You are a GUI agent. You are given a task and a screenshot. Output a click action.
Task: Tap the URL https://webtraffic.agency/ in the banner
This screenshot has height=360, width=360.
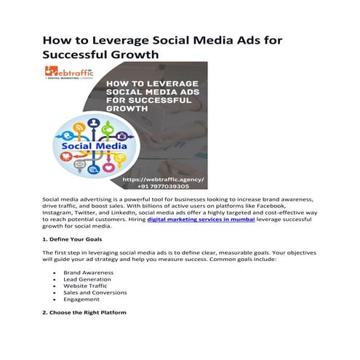[x=164, y=178]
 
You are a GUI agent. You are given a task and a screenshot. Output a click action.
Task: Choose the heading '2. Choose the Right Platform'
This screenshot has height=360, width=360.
[x=84, y=311]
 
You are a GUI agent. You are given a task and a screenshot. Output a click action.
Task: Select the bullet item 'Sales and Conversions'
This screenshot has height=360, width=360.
[x=94, y=292]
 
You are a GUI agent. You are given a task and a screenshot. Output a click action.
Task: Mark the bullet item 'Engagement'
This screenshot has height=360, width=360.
[x=80, y=300]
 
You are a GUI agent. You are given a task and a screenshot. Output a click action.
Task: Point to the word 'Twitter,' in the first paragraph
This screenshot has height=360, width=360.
[x=92, y=212]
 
